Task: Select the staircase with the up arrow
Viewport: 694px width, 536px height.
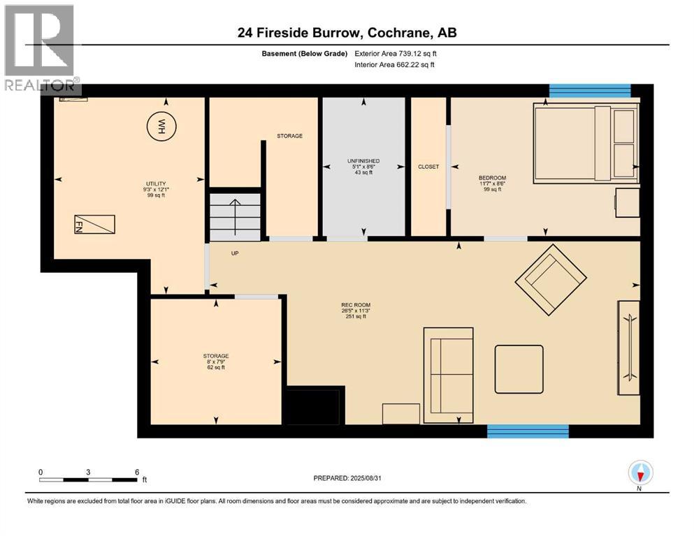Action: click(x=236, y=215)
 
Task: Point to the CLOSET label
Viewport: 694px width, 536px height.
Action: click(x=428, y=167)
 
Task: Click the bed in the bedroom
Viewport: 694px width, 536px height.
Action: click(x=586, y=143)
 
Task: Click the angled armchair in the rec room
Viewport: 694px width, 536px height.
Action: click(x=551, y=278)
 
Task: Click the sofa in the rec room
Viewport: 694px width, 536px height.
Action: click(x=448, y=374)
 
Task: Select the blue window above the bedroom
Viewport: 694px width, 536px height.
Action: click(x=589, y=91)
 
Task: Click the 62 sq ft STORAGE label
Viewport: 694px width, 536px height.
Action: click(x=216, y=361)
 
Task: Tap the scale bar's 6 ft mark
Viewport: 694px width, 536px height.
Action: click(x=136, y=472)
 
